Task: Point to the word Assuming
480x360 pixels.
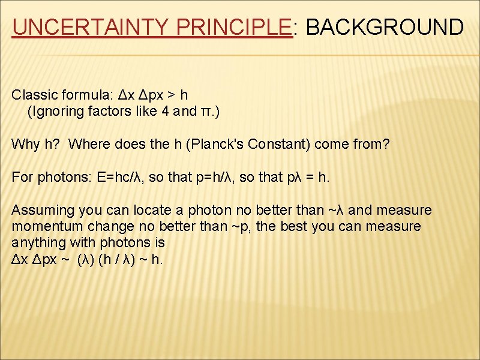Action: coord(40,210)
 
